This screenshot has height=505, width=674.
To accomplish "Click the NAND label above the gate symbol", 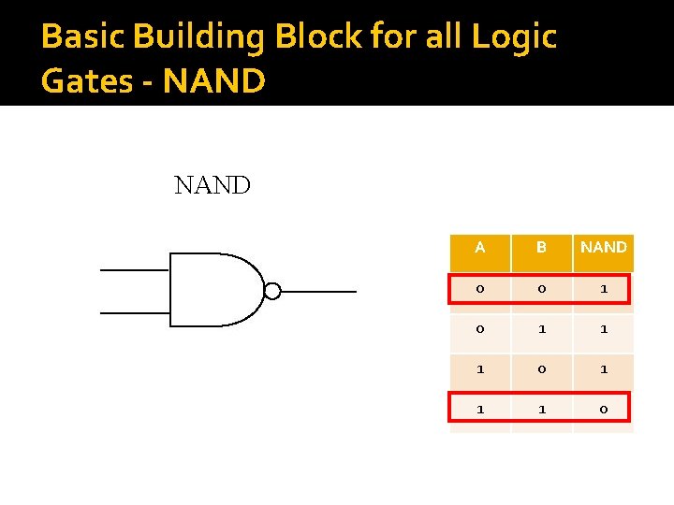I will pyautogui.click(x=212, y=185).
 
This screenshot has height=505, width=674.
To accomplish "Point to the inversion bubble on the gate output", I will pyautogui.click(x=272, y=291).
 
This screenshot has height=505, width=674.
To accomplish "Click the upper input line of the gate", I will pyautogui.click(x=134, y=270).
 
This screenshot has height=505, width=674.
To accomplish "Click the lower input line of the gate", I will pyautogui.click(x=134, y=312).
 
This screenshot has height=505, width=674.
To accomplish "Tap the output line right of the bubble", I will pyautogui.click(x=318, y=292).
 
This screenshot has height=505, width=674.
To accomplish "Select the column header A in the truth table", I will pyautogui.click(x=480, y=248).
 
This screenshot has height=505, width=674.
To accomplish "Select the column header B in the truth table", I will pyautogui.click(x=541, y=248).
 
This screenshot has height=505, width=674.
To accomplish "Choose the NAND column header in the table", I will pyautogui.click(x=604, y=248).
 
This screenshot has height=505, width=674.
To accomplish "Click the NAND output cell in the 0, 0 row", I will pyautogui.click(x=604, y=289).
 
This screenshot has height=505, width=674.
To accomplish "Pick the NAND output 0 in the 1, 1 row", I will pyautogui.click(x=604, y=410).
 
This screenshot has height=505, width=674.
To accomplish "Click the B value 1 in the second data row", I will pyautogui.click(x=541, y=329).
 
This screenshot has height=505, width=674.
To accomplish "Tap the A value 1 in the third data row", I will pyautogui.click(x=480, y=369).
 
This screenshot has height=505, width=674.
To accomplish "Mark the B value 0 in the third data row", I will pyautogui.click(x=541, y=369).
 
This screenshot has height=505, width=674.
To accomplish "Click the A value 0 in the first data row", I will pyautogui.click(x=480, y=289).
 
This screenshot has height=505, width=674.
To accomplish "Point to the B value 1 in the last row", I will pyautogui.click(x=541, y=410).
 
